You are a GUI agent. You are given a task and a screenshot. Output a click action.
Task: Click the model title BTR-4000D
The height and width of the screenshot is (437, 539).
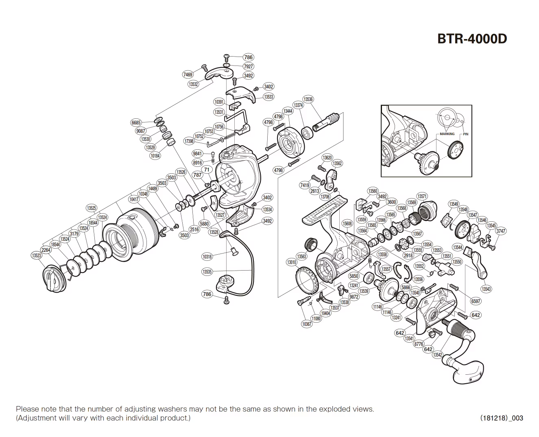472,39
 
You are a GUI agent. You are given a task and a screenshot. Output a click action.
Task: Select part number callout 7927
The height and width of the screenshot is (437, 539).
248,66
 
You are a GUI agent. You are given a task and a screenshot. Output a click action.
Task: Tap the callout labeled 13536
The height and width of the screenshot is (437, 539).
308,99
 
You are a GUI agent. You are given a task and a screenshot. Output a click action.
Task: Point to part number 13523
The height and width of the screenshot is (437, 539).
36,256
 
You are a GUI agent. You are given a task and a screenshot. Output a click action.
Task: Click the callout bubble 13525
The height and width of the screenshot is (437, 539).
92,208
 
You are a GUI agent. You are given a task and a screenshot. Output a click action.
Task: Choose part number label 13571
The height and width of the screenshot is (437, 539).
422,197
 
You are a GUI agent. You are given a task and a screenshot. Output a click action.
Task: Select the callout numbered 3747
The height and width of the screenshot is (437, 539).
501,231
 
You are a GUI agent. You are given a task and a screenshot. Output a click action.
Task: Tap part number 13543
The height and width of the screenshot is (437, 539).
486,289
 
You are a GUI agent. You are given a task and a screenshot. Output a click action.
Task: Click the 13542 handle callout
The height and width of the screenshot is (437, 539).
437,355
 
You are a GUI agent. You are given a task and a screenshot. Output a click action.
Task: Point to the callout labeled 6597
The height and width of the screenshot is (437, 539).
476,301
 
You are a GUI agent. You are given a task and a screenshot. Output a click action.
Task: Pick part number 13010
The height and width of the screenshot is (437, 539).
292,262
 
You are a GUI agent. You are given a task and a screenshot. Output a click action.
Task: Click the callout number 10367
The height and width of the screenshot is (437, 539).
306,324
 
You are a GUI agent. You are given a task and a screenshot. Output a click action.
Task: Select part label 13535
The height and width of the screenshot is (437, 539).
207,272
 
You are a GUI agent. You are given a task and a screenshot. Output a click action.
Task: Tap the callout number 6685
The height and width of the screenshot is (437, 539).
136,122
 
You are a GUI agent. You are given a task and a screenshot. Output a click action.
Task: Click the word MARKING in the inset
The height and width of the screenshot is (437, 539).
447,134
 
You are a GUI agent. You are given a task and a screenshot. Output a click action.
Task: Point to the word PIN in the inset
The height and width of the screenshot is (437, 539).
466,134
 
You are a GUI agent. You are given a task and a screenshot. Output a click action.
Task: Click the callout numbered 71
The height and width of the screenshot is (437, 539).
207,170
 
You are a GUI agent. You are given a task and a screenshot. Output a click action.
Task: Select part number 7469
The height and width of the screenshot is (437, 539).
188,74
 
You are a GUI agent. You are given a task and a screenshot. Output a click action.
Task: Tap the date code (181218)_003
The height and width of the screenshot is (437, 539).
502,418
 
